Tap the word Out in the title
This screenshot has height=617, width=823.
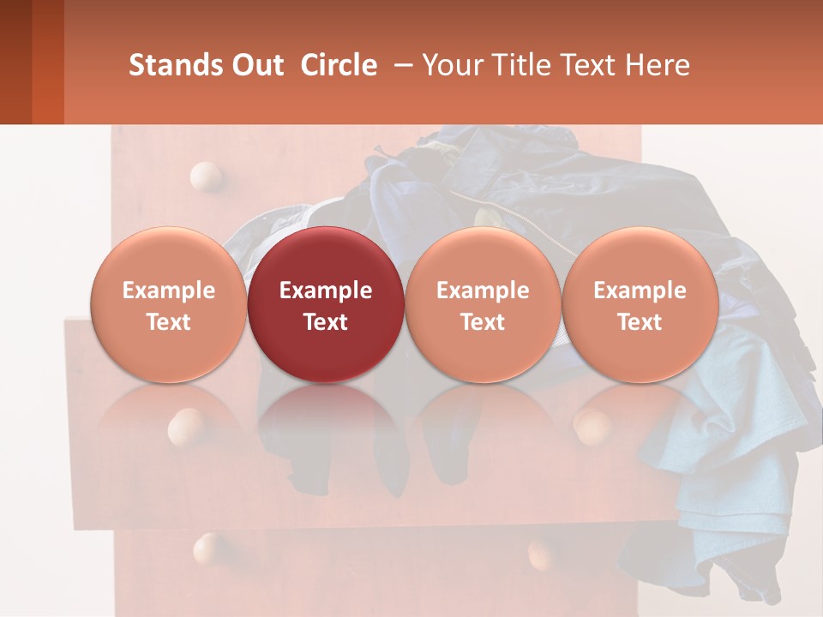251,65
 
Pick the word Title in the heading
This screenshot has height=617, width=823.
517,65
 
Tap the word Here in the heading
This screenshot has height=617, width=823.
658,65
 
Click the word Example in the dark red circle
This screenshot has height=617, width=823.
326,291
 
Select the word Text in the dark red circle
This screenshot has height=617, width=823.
326,322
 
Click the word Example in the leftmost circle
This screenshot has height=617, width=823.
169,291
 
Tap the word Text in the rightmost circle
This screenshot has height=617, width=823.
640,322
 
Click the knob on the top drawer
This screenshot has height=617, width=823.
206,177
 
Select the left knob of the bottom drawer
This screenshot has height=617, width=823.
208,548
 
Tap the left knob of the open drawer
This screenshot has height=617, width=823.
186,425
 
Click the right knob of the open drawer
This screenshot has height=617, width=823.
592,426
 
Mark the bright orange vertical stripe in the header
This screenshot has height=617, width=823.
48,62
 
